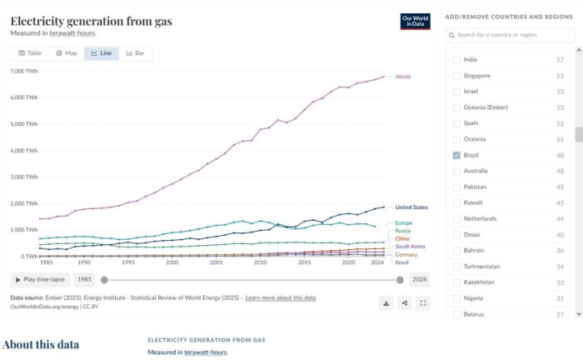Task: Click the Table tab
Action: [30, 53]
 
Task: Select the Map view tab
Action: [66, 53]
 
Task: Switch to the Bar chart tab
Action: [134, 53]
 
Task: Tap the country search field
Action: [509, 35]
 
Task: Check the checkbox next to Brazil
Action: [456, 155]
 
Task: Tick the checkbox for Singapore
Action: [456, 76]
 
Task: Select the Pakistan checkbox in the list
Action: [456, 187]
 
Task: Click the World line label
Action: [402, 77]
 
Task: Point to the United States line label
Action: [411, 207]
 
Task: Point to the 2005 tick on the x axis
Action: [216, 262]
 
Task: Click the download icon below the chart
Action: [386, 303]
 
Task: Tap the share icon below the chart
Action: [405, 303]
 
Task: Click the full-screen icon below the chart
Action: [423, 303]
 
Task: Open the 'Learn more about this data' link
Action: [280, 297]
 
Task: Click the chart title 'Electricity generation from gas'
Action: [91, 21]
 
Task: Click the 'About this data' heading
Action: [42, 344]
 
